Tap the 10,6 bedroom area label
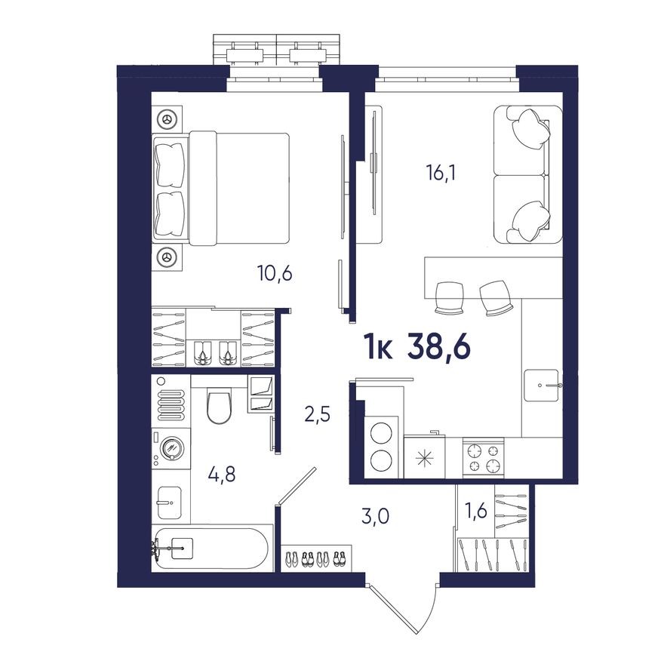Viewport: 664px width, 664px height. [x=274, y=273]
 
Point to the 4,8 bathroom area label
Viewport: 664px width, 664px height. [x=222, y=475]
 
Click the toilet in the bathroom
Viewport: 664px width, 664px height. [x=220, y=406]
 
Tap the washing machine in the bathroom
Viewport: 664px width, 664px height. [x=171, y=448]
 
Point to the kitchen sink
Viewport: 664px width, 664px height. [x=543, y=384]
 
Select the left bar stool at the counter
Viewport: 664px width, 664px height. [x=449, y=297]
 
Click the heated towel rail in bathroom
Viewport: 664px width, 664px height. [x=171, y=400]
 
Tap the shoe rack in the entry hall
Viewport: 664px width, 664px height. [x=316, y=559]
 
